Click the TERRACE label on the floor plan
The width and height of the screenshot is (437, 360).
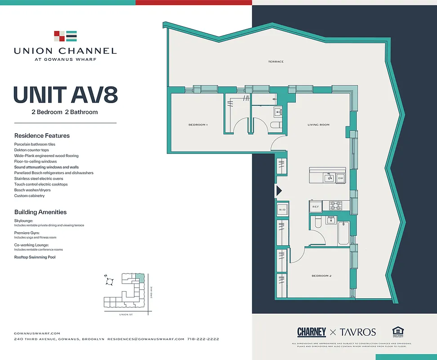click(276, 62)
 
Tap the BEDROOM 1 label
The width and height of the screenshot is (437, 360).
click(198, 125)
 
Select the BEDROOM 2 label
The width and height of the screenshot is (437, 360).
click(321, 275)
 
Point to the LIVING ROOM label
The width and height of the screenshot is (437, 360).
click(318, 125)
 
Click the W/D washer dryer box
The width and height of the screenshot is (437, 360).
click(282, 210)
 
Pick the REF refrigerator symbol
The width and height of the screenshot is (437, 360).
click(316, 207)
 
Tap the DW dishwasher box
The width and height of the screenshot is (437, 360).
click(340, 178)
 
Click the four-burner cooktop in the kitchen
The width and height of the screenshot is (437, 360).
click(335, 206)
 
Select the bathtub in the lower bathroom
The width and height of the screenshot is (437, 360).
click(343, 233)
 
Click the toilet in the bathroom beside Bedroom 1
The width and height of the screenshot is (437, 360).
click(276, 125)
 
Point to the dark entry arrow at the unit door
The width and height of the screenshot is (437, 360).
click(278, 191)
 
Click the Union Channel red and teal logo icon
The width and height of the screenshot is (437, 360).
click(65, 36)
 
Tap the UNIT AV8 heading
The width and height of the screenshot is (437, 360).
click(65, 94)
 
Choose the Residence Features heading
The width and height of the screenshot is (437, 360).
click(42, 135)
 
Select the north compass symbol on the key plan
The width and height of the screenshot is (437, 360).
click(109, 281)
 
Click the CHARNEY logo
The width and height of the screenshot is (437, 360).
click(312, 332)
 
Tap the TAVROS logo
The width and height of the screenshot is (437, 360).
click(358, 332)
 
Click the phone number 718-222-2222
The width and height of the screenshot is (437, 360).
click(203, 339)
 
